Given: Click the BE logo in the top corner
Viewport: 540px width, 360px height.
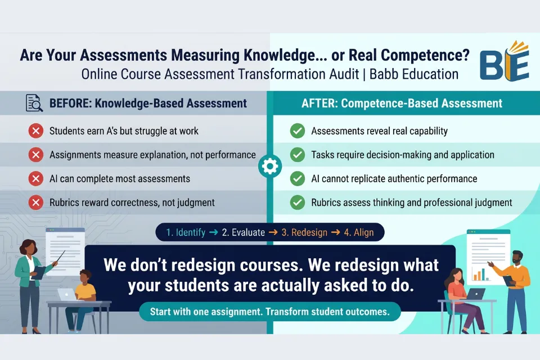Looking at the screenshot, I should click(504, 61).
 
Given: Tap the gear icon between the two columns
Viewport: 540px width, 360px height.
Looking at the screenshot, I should click(270, 166).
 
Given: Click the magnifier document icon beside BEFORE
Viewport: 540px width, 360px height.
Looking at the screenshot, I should click(35, 103).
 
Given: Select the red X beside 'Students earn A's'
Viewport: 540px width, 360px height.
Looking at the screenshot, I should click(36, 131).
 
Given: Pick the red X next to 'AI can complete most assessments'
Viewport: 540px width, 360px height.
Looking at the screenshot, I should click(36, 179).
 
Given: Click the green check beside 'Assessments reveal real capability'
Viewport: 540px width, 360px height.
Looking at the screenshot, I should click(297, 131).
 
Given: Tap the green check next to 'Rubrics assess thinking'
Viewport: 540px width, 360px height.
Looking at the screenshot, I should click(297, 202).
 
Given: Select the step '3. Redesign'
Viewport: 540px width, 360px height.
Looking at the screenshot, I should click(304, 232).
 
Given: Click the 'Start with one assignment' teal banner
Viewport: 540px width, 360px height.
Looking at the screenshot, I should click(269, 312).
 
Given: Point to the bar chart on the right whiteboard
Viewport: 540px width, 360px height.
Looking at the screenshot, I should click(480, 274).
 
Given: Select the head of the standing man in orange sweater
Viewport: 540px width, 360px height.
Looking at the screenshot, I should click(517, 257).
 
